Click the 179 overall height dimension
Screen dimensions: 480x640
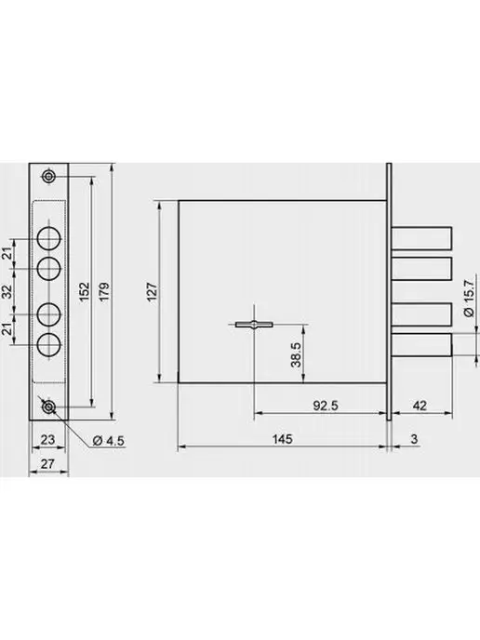(x=104, y=291)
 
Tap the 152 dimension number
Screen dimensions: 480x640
(x=84, y=291)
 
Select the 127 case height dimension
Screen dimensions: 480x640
(x=152, y=291)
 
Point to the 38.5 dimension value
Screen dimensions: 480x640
(x=297, y=354)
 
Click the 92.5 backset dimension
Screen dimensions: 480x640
(x=326, y=406)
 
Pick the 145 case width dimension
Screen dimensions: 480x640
(x=283, y=439)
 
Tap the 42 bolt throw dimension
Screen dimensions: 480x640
(x=420, y=406)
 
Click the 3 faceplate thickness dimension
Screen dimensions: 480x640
(x=414, y=439)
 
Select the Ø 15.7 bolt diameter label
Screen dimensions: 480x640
(x=470, y=298)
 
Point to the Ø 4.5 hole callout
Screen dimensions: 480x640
(x=109, y=441)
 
